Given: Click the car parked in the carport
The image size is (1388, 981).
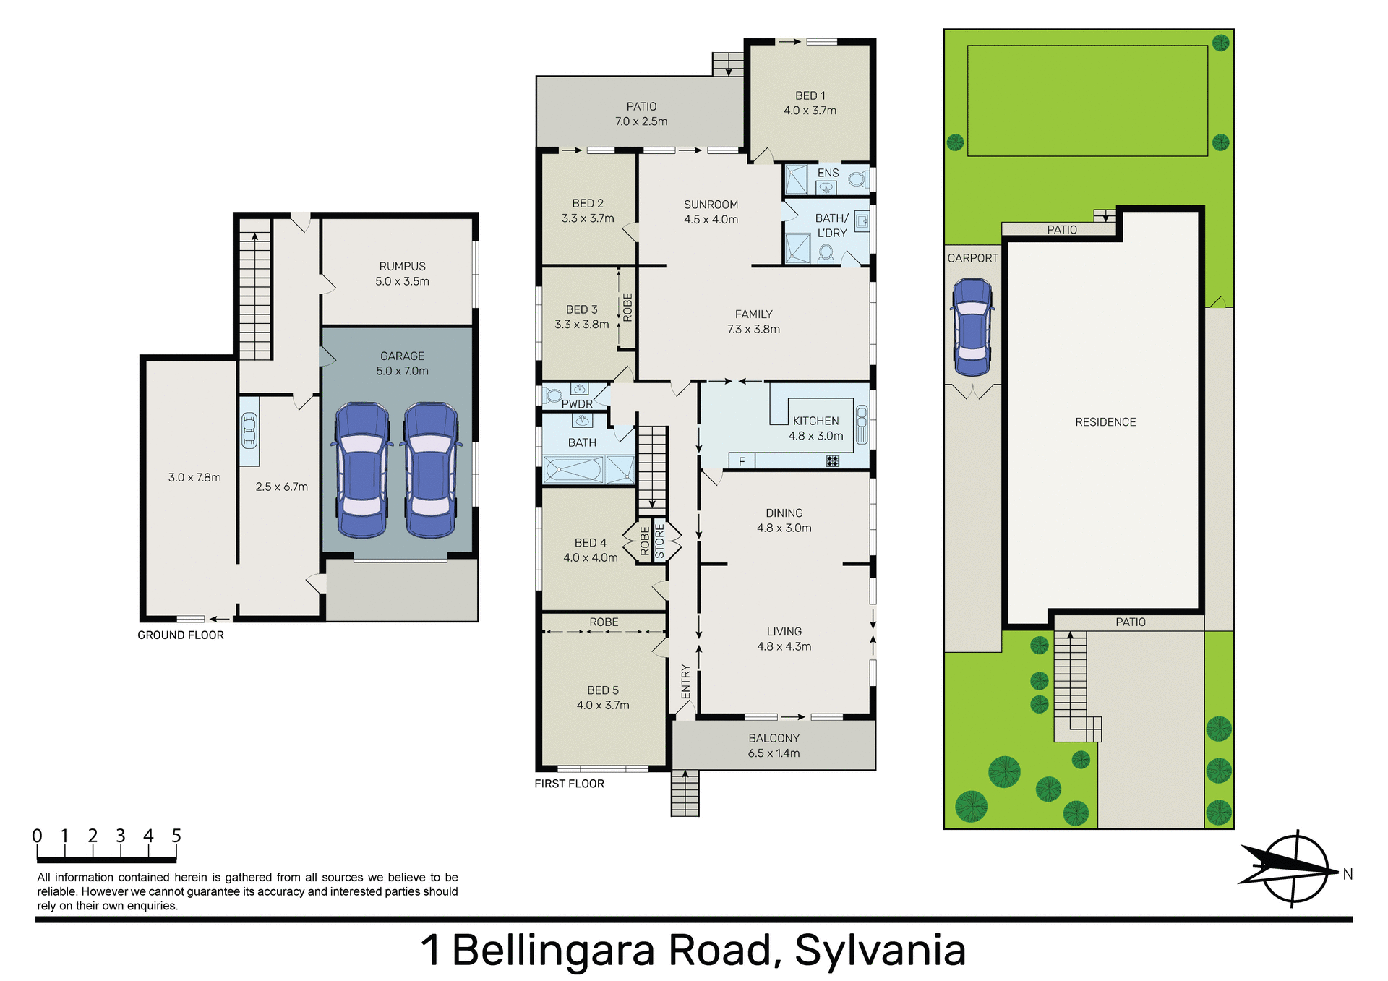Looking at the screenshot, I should tap(972, 327).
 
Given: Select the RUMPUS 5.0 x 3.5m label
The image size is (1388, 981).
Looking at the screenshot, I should tap(402, 274).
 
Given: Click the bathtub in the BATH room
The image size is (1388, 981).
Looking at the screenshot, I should tap(573, 470).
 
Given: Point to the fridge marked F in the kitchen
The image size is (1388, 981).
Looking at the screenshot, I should tap(742, 461).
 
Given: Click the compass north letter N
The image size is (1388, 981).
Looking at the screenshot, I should tap(1348, 874).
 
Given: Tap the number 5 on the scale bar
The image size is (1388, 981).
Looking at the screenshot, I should tap(176, 836).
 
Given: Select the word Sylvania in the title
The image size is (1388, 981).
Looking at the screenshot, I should tap(880, 950).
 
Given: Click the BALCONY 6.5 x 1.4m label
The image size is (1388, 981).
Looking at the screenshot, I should tap(774, 745).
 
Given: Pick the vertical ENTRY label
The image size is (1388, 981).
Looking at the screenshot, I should tap(685, 682).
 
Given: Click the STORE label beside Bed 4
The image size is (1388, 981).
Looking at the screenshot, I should tap(659, 541).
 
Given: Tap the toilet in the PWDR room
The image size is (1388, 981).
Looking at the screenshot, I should tap(553, 395).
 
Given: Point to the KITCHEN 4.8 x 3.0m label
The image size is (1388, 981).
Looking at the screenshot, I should tap(815, 428).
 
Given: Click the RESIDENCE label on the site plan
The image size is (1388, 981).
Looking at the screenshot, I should tap(1105, 422).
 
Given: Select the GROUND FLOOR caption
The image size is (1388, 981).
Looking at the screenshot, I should tap(181, 635).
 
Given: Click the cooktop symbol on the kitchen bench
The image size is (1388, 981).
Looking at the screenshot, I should tap(833, 460).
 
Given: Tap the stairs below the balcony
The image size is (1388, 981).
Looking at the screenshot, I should tap(685, 793).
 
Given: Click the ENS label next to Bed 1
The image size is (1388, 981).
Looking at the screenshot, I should tap(828, 173).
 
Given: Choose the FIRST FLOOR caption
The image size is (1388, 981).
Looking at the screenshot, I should tap(569, 784).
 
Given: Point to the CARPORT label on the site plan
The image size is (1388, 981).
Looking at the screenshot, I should tap(972, 258).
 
